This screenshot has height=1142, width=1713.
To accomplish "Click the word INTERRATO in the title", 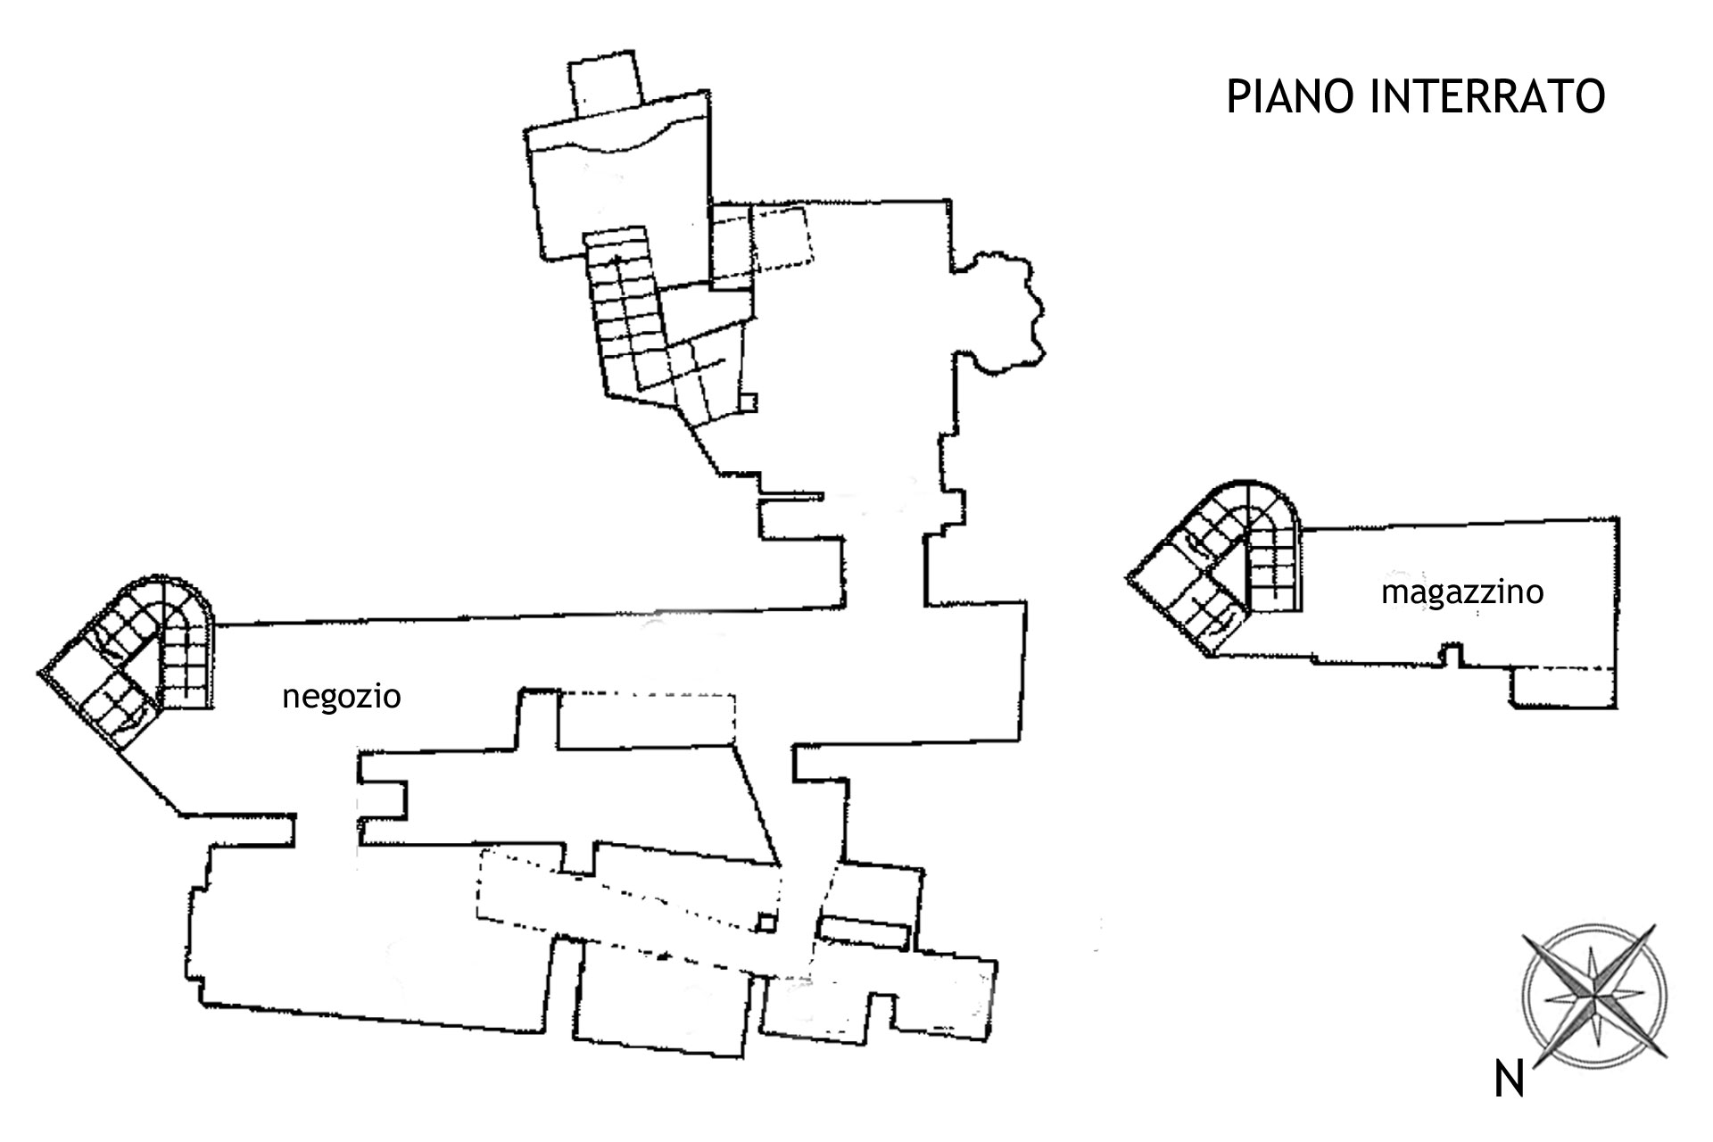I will (x=1486, y=96).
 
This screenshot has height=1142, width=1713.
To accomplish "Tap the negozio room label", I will (x=342, y=697).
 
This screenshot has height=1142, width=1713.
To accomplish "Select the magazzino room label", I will (x=1462, y=592).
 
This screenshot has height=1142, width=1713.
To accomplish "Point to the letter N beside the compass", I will (x=1509, y=1081).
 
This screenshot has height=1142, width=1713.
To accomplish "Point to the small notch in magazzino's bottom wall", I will (x=1452, y=654).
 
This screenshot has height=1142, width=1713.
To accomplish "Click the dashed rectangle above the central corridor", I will (x=646, y=719).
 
